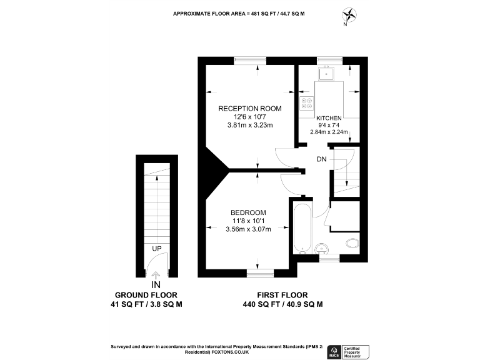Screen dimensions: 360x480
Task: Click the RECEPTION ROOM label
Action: (x=249, y=108)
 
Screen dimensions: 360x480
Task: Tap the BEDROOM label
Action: (x=248, y=212)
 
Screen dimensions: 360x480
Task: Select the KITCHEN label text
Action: (x=329, y=118)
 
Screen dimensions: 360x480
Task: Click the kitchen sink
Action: (x=327, y=74)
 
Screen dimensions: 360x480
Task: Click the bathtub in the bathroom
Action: (x=302, y=228)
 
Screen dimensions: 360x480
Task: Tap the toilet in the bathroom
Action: (x=351, y=244)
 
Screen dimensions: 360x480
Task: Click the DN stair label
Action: (x=322, y=159)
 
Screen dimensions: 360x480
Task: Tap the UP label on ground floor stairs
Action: (x=157, y=249)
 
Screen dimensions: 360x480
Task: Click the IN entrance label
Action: (x=156, y=284)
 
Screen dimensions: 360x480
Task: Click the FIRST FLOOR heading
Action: (x=282, y=295)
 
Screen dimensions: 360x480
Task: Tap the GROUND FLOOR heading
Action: (x=146, y=295)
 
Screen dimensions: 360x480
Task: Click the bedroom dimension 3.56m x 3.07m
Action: (x=248, y=229)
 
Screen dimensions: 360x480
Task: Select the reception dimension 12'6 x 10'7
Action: (x=249, y=117)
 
